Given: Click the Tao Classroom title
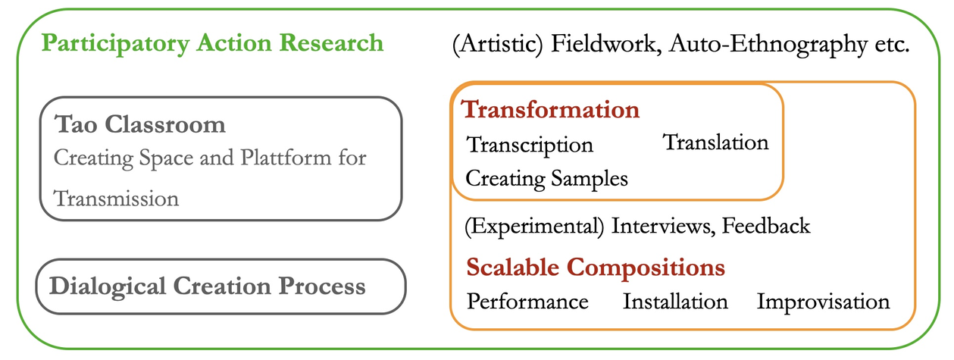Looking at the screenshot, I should coord(140,124).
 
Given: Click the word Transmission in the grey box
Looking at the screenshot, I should coord(116,199).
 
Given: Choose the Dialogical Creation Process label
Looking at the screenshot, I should coord(207,286).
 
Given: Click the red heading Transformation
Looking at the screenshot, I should coord(551,109).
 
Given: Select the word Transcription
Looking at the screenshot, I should coord(530,144).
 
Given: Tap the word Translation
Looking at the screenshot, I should coord(716,142).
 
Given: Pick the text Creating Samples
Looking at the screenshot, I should coord(546,179).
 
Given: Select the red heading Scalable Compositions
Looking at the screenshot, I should coord(596,268).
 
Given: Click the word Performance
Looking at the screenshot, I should coord(527,302).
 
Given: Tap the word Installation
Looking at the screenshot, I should coord(675,302).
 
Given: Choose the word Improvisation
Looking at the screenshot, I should coord(823,302).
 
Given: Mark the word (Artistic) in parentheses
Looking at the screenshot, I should coord(498,44).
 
